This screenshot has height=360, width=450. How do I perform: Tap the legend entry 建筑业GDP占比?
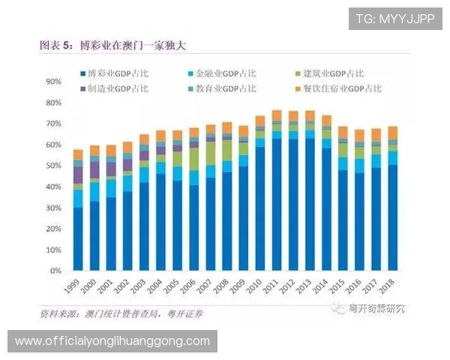pos(331,74)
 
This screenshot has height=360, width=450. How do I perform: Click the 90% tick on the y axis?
pos(53,81)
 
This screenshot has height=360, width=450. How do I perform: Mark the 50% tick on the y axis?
pos(53,165)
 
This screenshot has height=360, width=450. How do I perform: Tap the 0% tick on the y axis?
pos(55,271)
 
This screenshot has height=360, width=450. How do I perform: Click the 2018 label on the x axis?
pos(388,286)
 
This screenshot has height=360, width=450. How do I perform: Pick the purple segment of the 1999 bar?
pos(78,175)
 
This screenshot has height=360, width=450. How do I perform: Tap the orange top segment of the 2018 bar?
pos(392,133)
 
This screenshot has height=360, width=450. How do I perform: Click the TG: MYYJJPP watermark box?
pos(395,19)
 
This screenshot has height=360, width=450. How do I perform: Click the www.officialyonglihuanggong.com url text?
pos(112,341)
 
